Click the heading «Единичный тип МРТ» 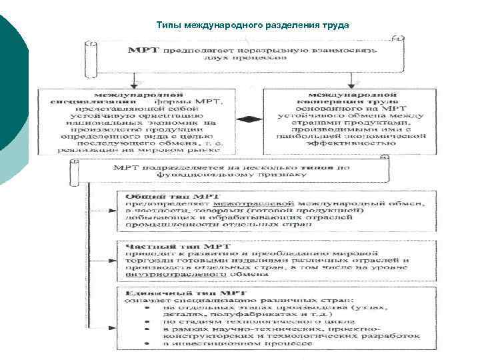(x=169, y=292)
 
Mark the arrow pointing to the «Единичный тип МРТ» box (x=111, y=329)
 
